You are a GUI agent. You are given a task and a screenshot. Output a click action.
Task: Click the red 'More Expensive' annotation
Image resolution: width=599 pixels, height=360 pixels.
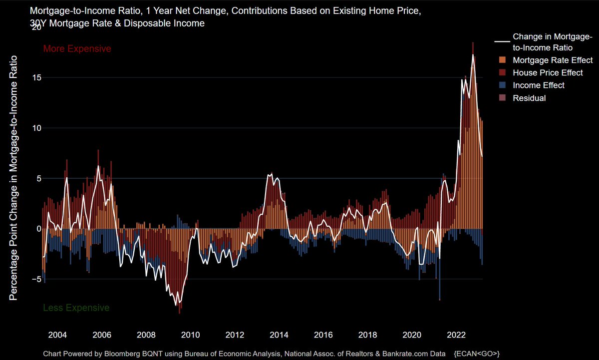(77, 49)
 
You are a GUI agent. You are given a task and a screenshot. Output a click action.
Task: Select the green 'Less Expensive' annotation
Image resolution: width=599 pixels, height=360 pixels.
(76, 308)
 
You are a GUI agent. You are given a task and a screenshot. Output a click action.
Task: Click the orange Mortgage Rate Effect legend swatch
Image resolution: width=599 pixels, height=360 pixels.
(502, 60)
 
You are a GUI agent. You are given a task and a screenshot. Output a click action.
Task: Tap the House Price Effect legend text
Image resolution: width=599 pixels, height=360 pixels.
(548, 73)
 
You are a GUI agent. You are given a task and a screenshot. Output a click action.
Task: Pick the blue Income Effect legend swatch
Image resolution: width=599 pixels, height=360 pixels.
(502, 85)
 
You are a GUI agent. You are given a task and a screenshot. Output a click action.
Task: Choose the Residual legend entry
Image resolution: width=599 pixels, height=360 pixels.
(529, 98)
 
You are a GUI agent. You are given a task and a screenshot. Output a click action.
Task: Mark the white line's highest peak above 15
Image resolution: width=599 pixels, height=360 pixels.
(473, 54)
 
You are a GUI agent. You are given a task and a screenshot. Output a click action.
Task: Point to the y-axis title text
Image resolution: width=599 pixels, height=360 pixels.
(14, 178)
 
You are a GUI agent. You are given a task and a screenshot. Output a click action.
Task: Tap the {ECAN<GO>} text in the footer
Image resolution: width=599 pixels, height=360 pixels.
(477, 353)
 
